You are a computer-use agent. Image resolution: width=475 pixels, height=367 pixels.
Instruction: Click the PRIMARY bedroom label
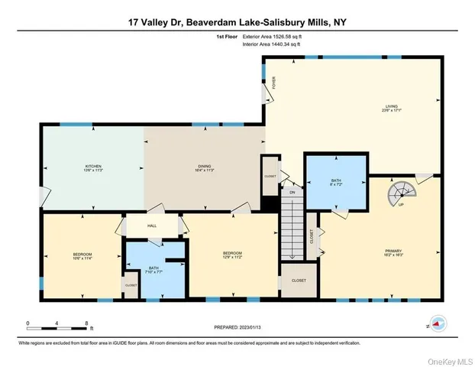pos(393,251)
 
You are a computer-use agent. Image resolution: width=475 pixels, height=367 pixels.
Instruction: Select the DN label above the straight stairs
pos(291,193)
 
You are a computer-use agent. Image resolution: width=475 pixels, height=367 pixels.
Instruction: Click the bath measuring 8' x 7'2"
pos(335,183)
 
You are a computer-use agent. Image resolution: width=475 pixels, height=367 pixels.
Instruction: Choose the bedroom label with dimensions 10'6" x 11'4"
pos(82,256)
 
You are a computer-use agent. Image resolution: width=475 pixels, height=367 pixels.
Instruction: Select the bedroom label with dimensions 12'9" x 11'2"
pos(232,255)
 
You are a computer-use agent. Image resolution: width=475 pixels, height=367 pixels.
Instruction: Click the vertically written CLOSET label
pos(312,237)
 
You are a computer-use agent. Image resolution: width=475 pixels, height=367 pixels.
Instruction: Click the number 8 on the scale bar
pos(87,323)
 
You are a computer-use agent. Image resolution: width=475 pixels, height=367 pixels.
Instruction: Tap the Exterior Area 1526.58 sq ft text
pos(273,35)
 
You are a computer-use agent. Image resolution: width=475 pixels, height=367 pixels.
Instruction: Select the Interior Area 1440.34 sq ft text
pos(272,44)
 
